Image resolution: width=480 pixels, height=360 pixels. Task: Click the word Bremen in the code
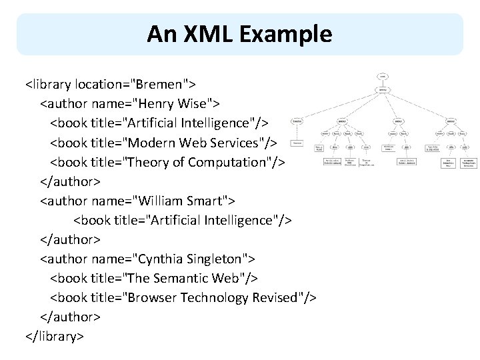coord(161,85)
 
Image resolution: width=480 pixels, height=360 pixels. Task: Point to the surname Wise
coord(194,104)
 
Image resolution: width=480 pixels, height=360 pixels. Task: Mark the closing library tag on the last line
coord(54,336)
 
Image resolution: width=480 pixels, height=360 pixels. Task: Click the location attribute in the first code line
coord(101,85)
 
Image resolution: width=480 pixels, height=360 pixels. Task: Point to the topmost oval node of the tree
coord(383,76)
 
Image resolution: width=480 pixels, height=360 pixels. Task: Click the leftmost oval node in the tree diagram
coord(298,121)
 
